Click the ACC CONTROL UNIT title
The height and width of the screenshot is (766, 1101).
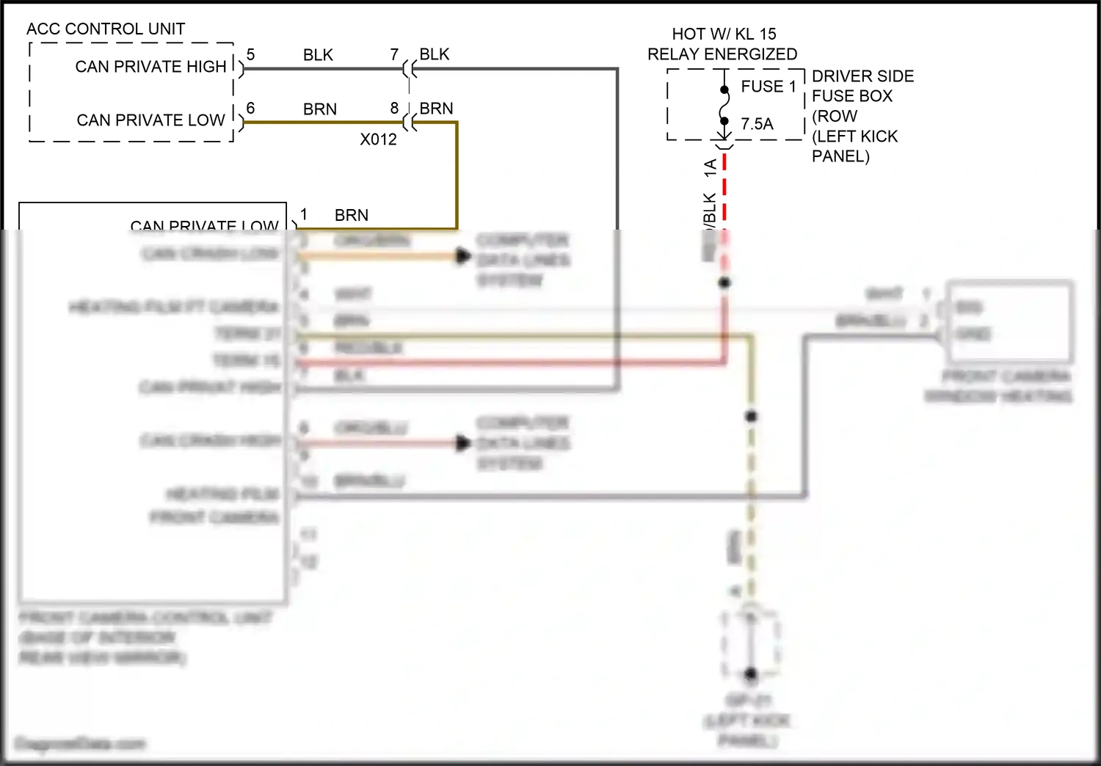[x=106, y=29]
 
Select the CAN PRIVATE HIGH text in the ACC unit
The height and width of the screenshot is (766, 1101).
[x=150, y=67]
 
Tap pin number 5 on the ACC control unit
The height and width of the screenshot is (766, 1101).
[x=250, y=55]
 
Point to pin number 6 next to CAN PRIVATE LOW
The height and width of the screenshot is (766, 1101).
[x=250, y=109]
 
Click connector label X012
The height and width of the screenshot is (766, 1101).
[x=378, y=139]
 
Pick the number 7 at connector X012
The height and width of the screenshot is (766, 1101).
[x=394, y=55]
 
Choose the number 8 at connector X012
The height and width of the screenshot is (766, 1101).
[x=394, y=109]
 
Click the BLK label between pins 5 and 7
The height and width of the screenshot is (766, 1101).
[x=318, y=55]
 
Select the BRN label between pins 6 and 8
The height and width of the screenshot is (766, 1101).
[x=320, y=109]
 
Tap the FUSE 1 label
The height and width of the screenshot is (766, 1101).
[x=768, y=87]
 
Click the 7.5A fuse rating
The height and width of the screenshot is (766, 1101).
[x=757, y=124]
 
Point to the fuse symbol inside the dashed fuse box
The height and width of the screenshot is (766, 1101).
[x=724, y=106]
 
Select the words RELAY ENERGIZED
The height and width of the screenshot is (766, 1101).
[x=722, y=54]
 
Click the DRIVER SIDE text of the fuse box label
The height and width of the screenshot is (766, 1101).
[x=862, y=76]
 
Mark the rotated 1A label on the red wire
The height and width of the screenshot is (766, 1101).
[x=710, y=167]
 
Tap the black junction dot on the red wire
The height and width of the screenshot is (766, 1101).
[x=724, y=282]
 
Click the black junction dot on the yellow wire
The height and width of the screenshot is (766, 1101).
[x=751, y=416]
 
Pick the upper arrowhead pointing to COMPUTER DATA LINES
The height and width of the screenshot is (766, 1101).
[x=463, y=256]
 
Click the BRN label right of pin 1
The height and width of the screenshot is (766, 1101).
[x=351, y=216]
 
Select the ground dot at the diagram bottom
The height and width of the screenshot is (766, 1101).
[x=750, y=673]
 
